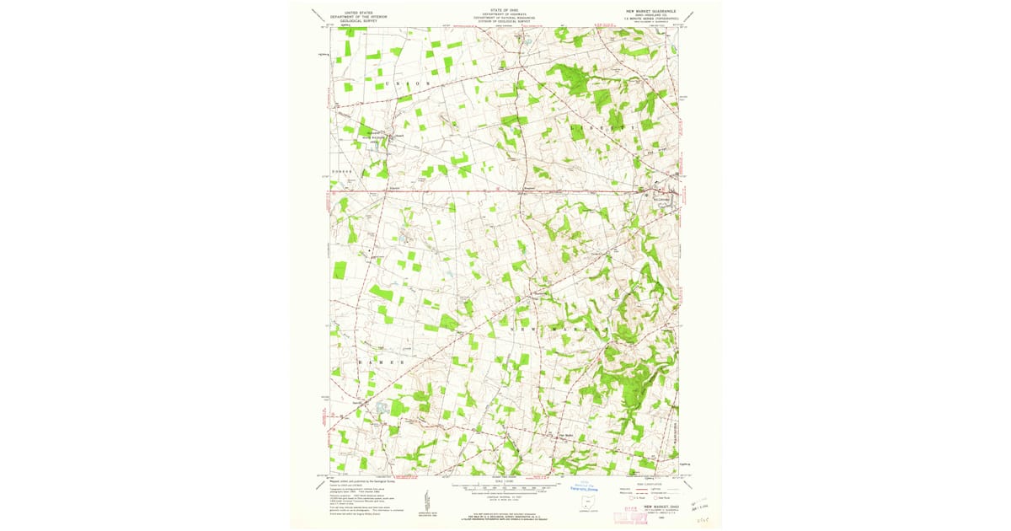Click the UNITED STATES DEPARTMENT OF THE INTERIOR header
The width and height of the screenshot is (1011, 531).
click(354, 14)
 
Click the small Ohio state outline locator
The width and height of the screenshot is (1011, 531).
click(586, 504)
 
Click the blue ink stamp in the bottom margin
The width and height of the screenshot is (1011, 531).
click(583, 486)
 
